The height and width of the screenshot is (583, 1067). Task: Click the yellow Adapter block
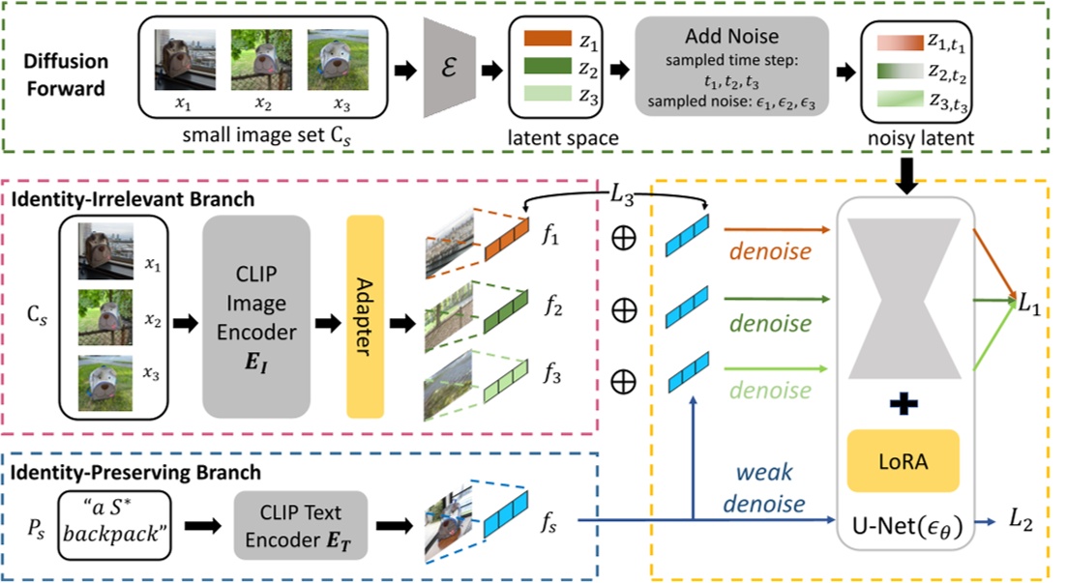click(x=366, y=317)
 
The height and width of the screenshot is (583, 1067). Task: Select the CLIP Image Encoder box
click(x=255, y=317)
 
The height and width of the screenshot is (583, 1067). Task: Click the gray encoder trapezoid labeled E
click(x=450, y=70)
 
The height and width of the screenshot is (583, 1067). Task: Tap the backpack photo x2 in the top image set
click(x=261, y=59)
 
